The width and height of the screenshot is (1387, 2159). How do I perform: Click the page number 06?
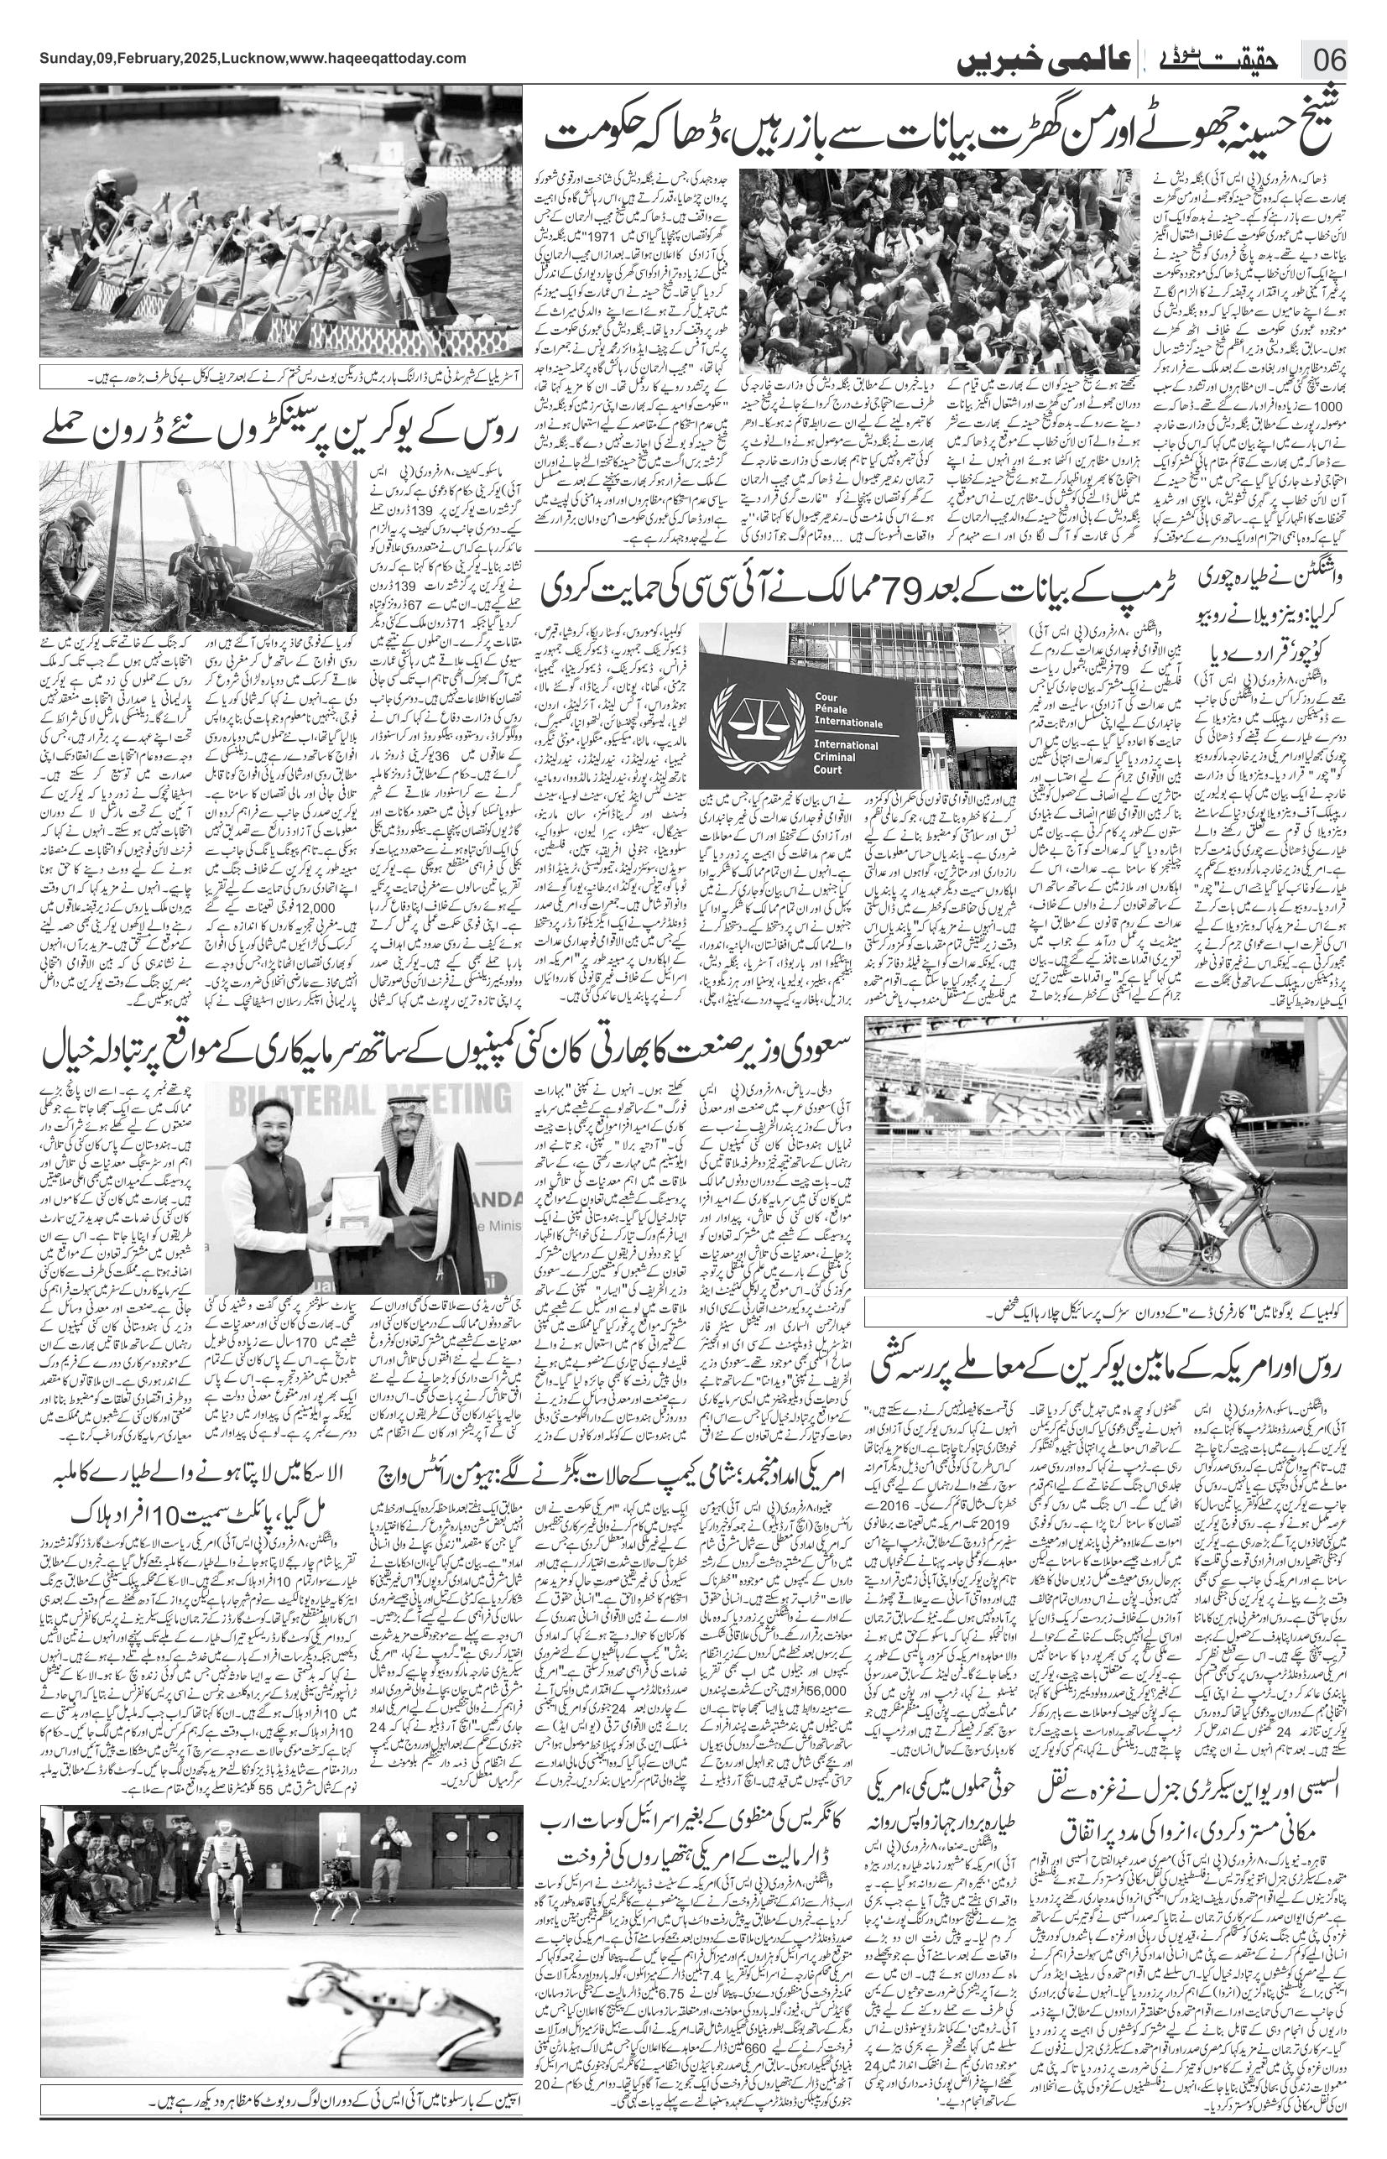coord(1328,60)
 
